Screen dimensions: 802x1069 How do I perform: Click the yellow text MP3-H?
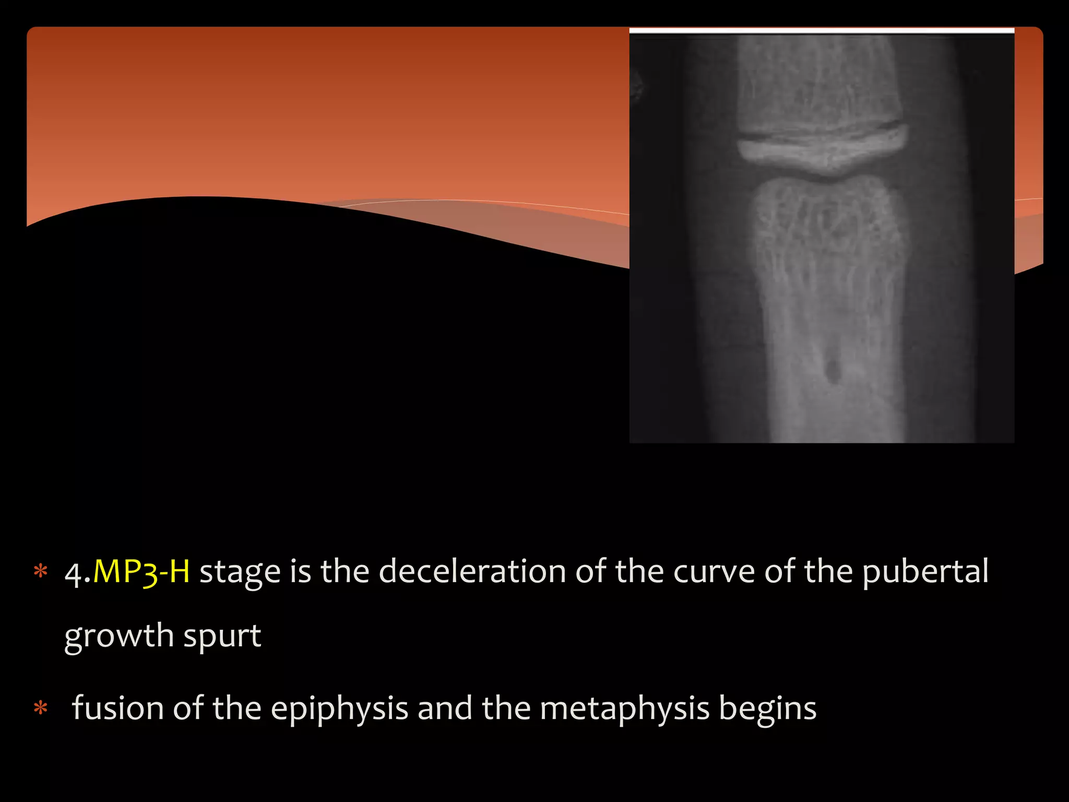141,571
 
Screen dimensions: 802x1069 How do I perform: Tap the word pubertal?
925,571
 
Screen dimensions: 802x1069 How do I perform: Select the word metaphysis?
624,709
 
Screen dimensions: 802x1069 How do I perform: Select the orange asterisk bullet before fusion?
40,709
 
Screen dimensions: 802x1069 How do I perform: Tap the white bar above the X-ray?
822,31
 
